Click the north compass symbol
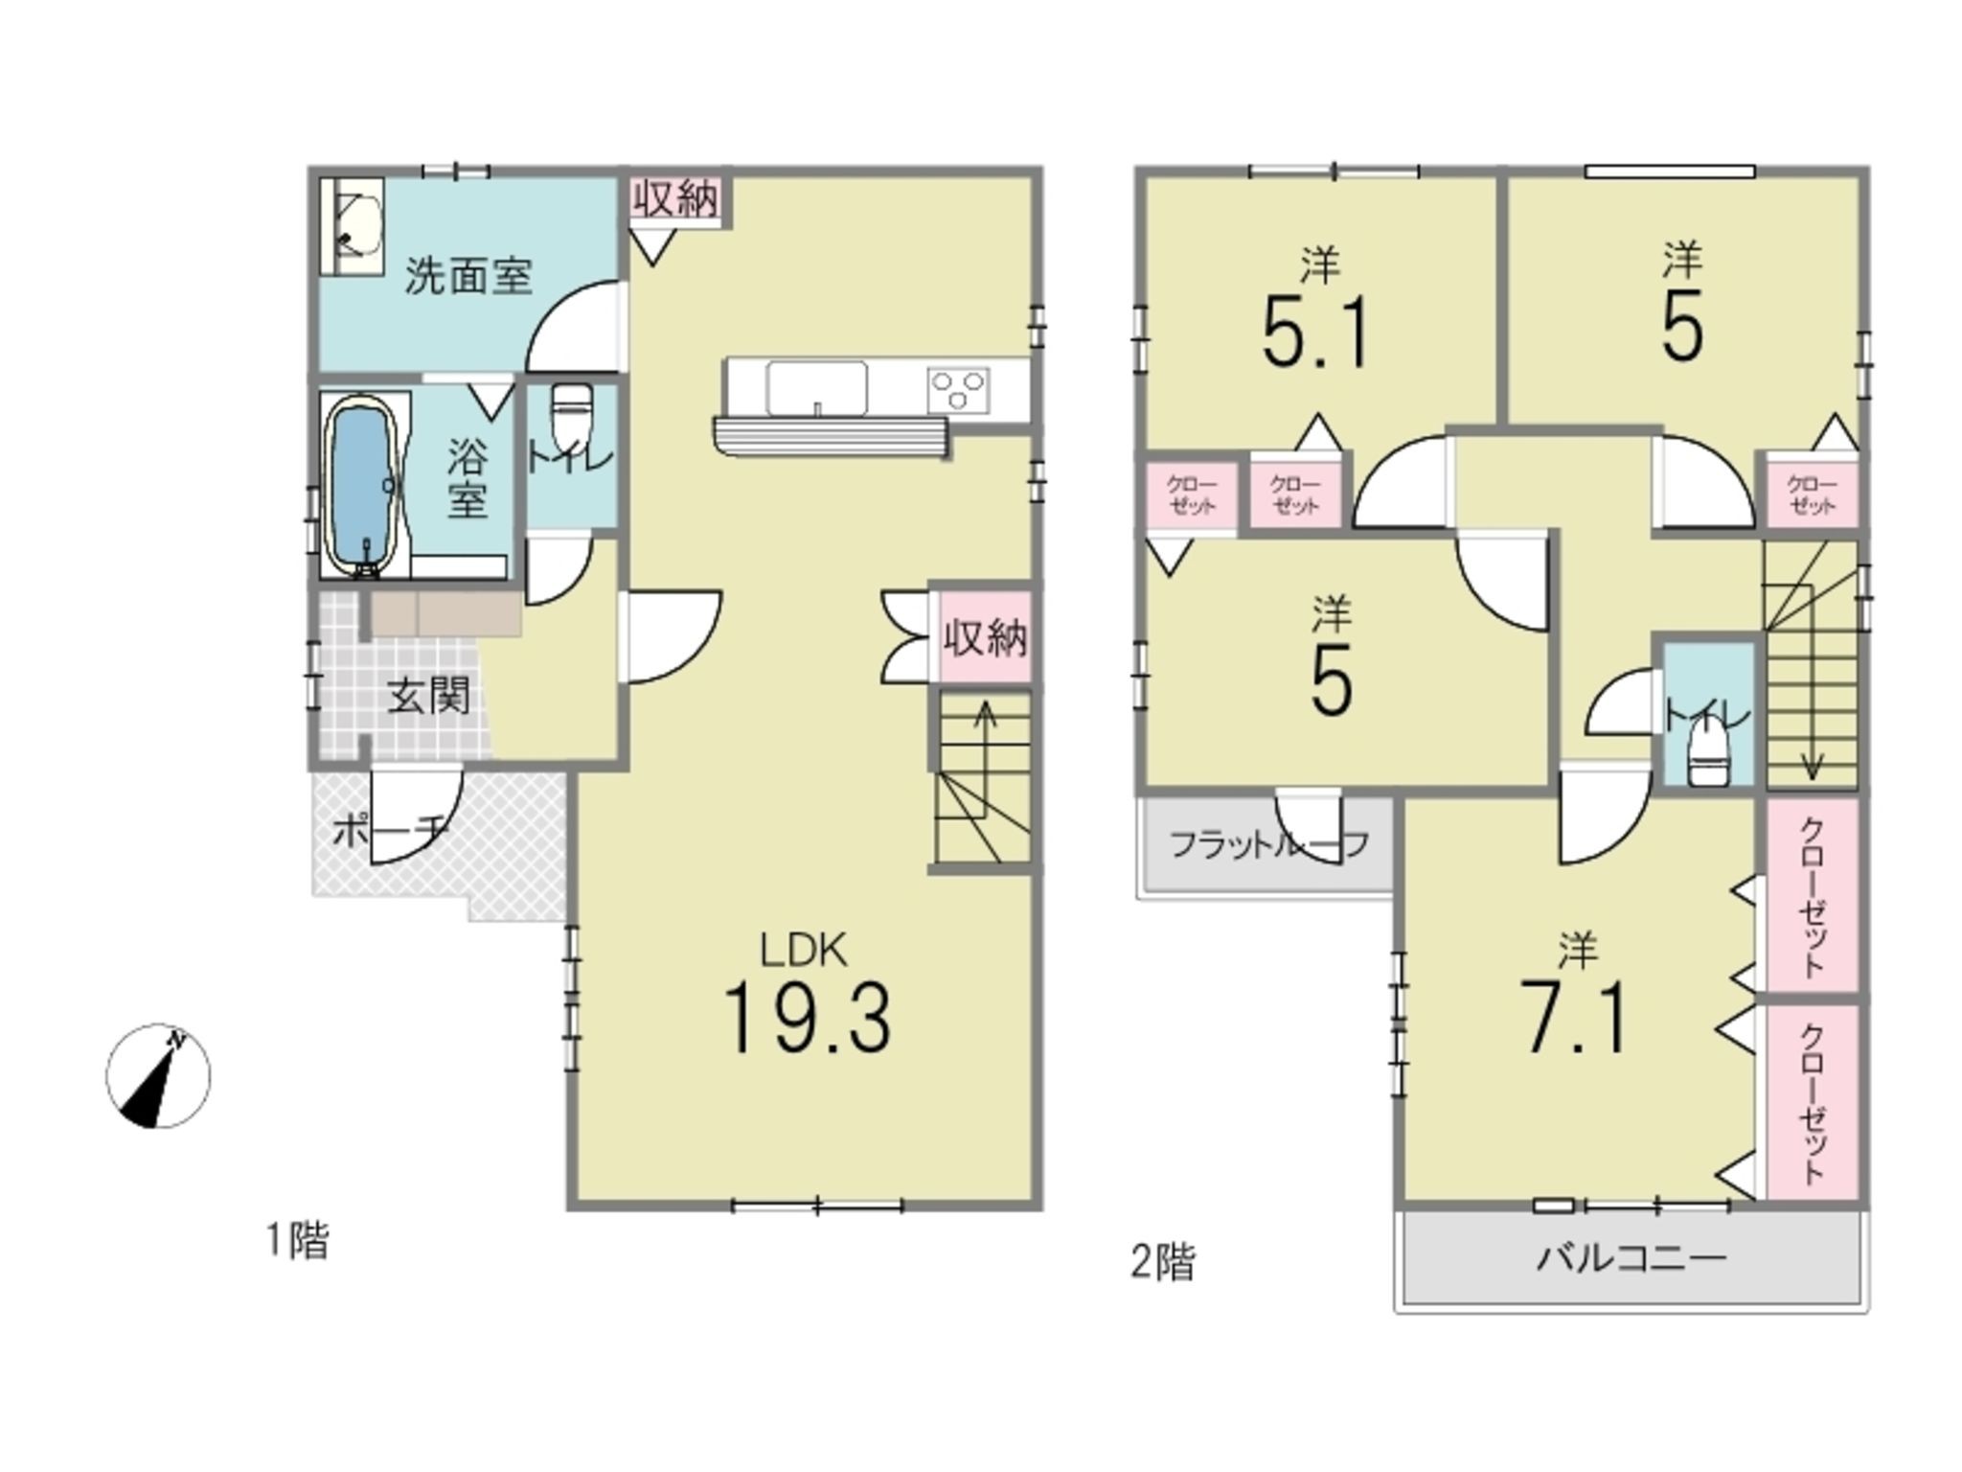[158, 1075]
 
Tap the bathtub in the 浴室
[361, 488]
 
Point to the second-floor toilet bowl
[1704, 755]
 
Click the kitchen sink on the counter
[816, 388]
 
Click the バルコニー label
[1631, 1256]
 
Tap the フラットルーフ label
[1268, 844]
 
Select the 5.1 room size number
[1316, 333]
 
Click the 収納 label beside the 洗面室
[675, 199]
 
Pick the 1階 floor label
[297, 1242]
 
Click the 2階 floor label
[1163, 1262]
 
